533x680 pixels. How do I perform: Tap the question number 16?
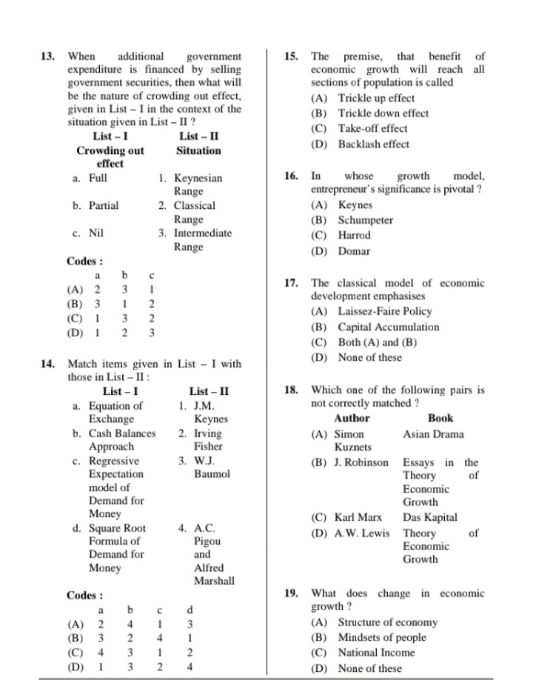[291, 176]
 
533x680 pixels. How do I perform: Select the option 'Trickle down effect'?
[383, 113]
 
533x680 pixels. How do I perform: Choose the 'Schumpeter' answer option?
[366, 220]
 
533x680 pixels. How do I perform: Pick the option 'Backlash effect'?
[373, 144]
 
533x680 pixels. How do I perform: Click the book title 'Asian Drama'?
[433, 434]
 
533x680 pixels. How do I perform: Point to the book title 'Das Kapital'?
[430, 517]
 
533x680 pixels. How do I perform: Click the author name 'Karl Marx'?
[358, 517]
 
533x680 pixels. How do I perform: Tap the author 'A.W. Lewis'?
[361, 533]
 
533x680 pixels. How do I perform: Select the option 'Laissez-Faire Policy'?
[395, 311]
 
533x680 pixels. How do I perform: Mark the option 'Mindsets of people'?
[382, 637]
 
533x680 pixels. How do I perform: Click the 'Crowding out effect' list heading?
[110, 156]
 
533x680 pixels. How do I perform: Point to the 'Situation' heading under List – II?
[198, 150]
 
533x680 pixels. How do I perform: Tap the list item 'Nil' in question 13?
[96, 233]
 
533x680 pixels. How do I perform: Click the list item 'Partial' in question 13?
[103, 205]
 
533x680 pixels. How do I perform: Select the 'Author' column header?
[352, 418]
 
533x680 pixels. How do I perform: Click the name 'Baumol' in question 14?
[212, 473]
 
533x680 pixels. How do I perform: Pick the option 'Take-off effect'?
[372, 128]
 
